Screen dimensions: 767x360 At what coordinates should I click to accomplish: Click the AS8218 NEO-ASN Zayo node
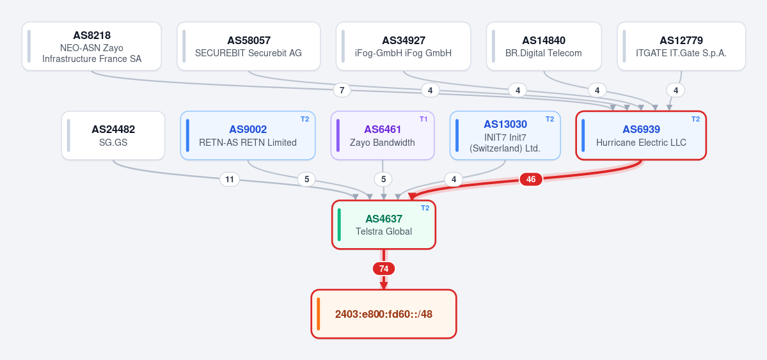point(91,46)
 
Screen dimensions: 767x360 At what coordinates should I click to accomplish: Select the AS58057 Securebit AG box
point(248,46)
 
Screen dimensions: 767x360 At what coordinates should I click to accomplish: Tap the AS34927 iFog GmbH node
point(403,46)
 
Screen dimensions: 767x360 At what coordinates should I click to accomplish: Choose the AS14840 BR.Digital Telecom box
point(544,46)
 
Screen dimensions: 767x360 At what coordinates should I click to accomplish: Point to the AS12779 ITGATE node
point(681,46)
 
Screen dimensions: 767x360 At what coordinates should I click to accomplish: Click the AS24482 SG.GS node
point(113,136)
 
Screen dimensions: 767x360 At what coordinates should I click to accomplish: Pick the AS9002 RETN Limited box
point(248,136)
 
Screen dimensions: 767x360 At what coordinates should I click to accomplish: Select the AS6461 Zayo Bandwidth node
point(383,136)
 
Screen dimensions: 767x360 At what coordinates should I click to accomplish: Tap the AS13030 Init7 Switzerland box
point(505,136)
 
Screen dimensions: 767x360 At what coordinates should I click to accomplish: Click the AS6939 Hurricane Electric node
point(641,136)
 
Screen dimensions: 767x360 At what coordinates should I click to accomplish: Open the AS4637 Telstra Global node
point(384,225)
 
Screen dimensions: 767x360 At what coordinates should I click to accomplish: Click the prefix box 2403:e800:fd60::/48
point(384,314)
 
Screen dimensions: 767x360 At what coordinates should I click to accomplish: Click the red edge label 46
point(531,180)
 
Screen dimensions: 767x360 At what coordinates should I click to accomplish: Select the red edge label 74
point(384,269)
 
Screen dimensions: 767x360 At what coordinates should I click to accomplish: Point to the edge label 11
point(229,180)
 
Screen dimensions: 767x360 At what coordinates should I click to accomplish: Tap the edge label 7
point(342,90)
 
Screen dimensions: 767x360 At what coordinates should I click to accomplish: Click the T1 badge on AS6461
point(423,119)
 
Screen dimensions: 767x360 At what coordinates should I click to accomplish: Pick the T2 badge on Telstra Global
point(425,208)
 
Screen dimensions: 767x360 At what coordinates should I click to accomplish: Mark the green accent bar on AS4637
point(339,225)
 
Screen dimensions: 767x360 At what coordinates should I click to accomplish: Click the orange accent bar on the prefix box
point(318,314)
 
